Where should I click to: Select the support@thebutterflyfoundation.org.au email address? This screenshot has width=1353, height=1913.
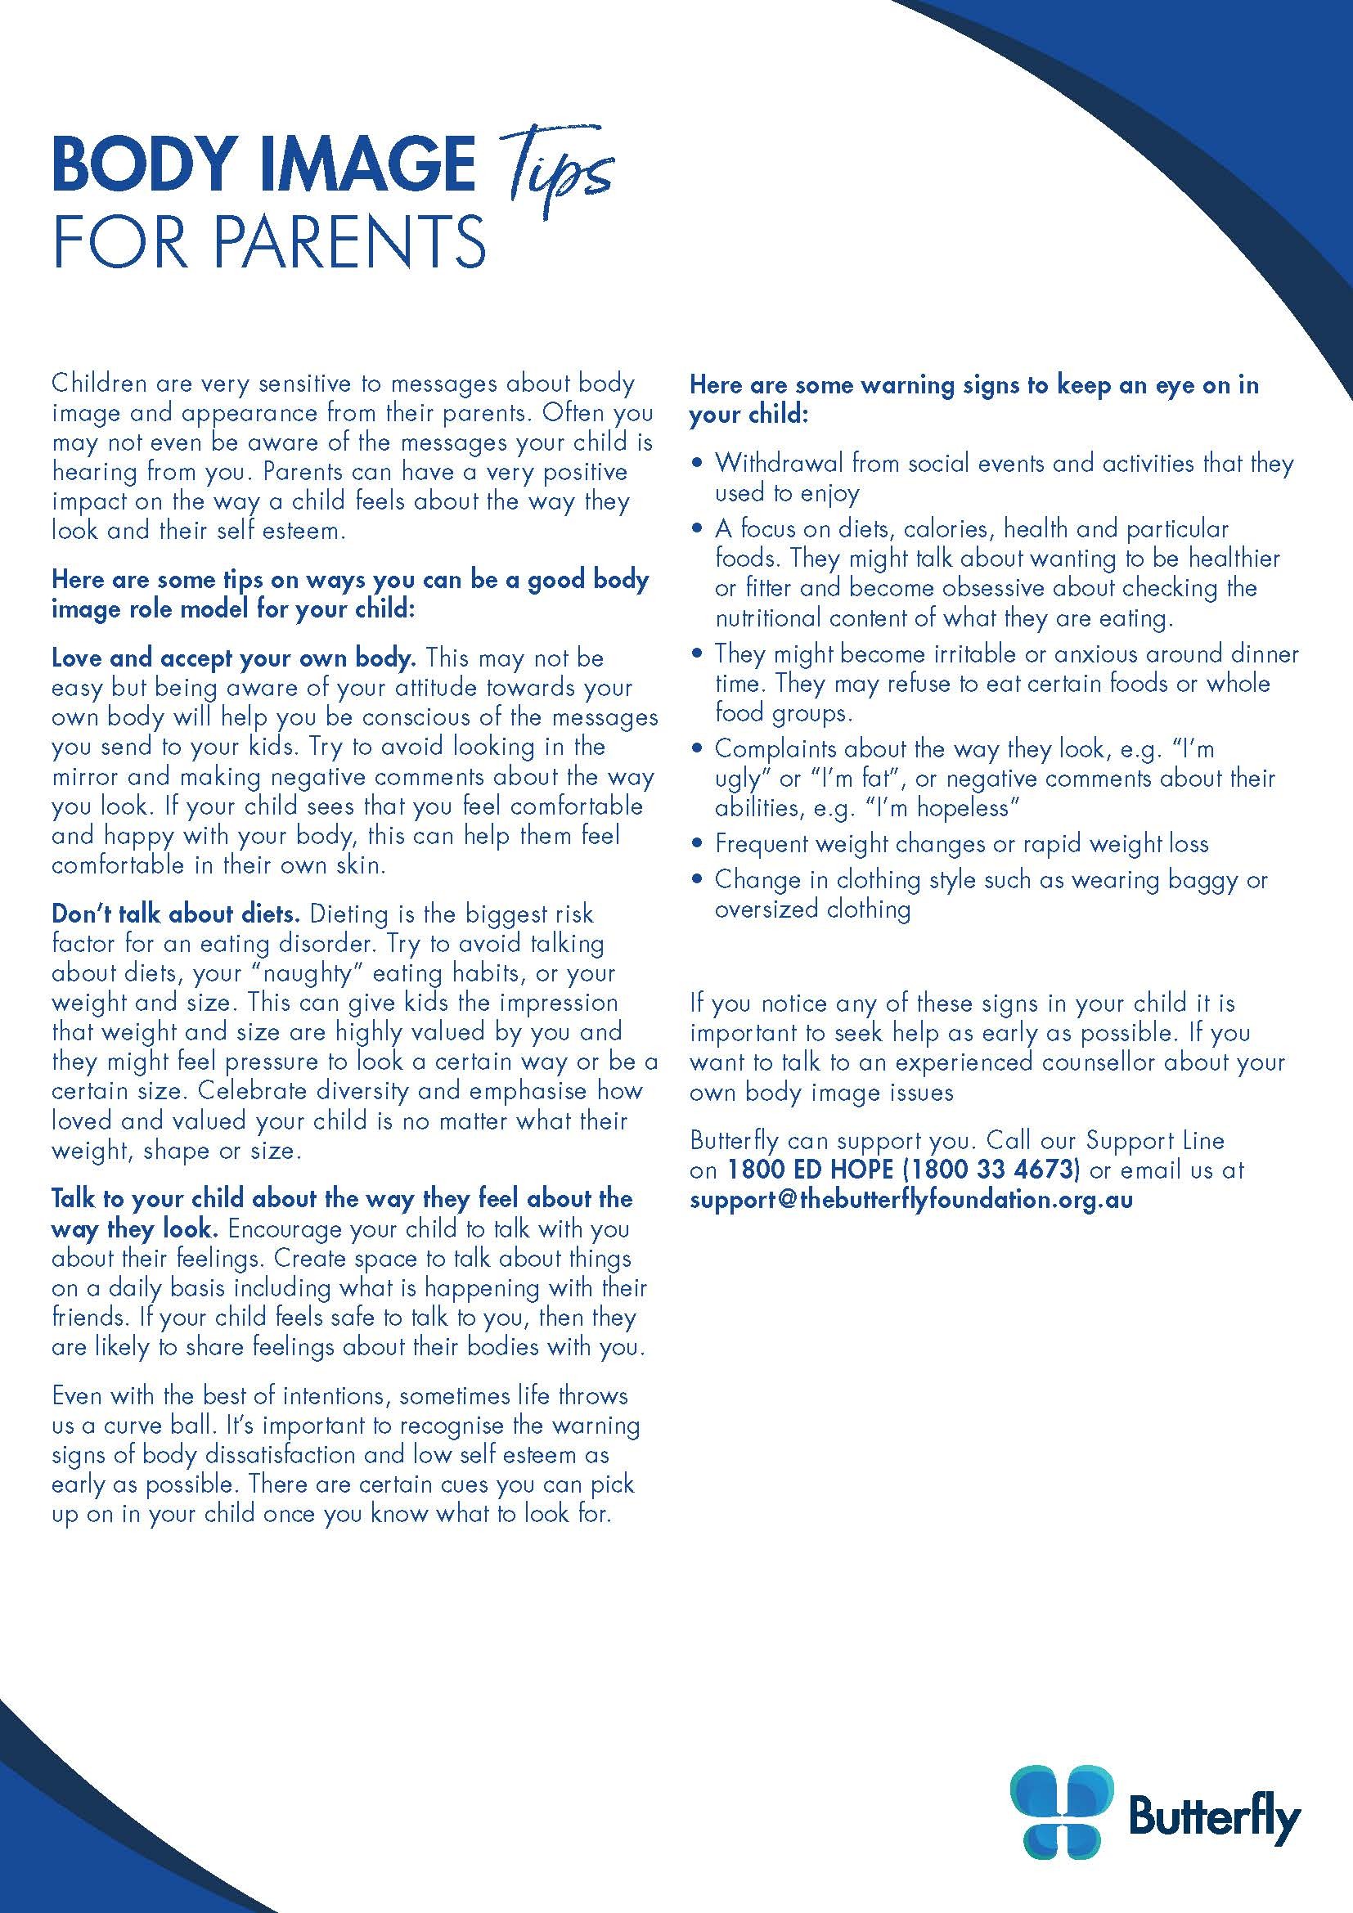[x=910, y=1200]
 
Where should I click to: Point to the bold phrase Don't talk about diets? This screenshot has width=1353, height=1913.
[x=176, y=914]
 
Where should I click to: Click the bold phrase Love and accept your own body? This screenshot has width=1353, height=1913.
[x=233, y=658]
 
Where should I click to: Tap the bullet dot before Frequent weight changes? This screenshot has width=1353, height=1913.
[x=698, y=845]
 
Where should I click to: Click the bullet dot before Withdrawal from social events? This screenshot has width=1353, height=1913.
[x=698, y=464]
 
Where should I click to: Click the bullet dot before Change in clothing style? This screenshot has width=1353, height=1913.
[x=698, y=881]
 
